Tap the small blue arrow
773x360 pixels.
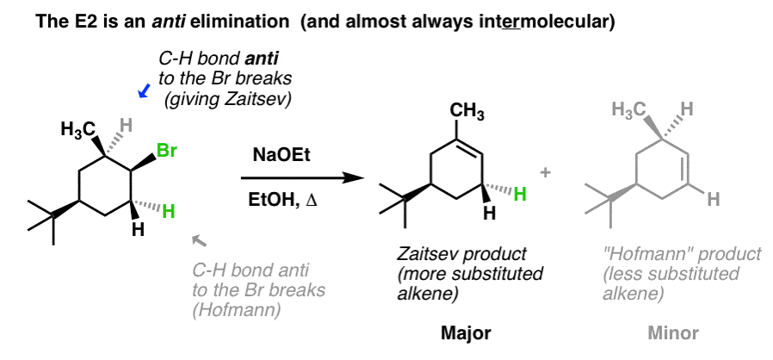(x=145, y=90)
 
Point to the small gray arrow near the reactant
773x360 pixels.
(x=199, y=240)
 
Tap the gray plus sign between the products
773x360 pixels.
(x=546, y=172)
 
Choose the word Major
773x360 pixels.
(x=466, y=333)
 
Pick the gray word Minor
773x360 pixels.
(x=673, y=333)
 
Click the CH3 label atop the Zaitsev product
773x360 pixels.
(x=467, y=112)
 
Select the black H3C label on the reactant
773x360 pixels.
(x=77, y=130)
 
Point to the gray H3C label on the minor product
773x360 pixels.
(x=629, y=109)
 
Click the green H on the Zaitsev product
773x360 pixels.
(x=520, y=195)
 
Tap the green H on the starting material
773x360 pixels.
(x=169, y=212)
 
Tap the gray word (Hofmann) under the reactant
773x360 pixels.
(x=237, y=311)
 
